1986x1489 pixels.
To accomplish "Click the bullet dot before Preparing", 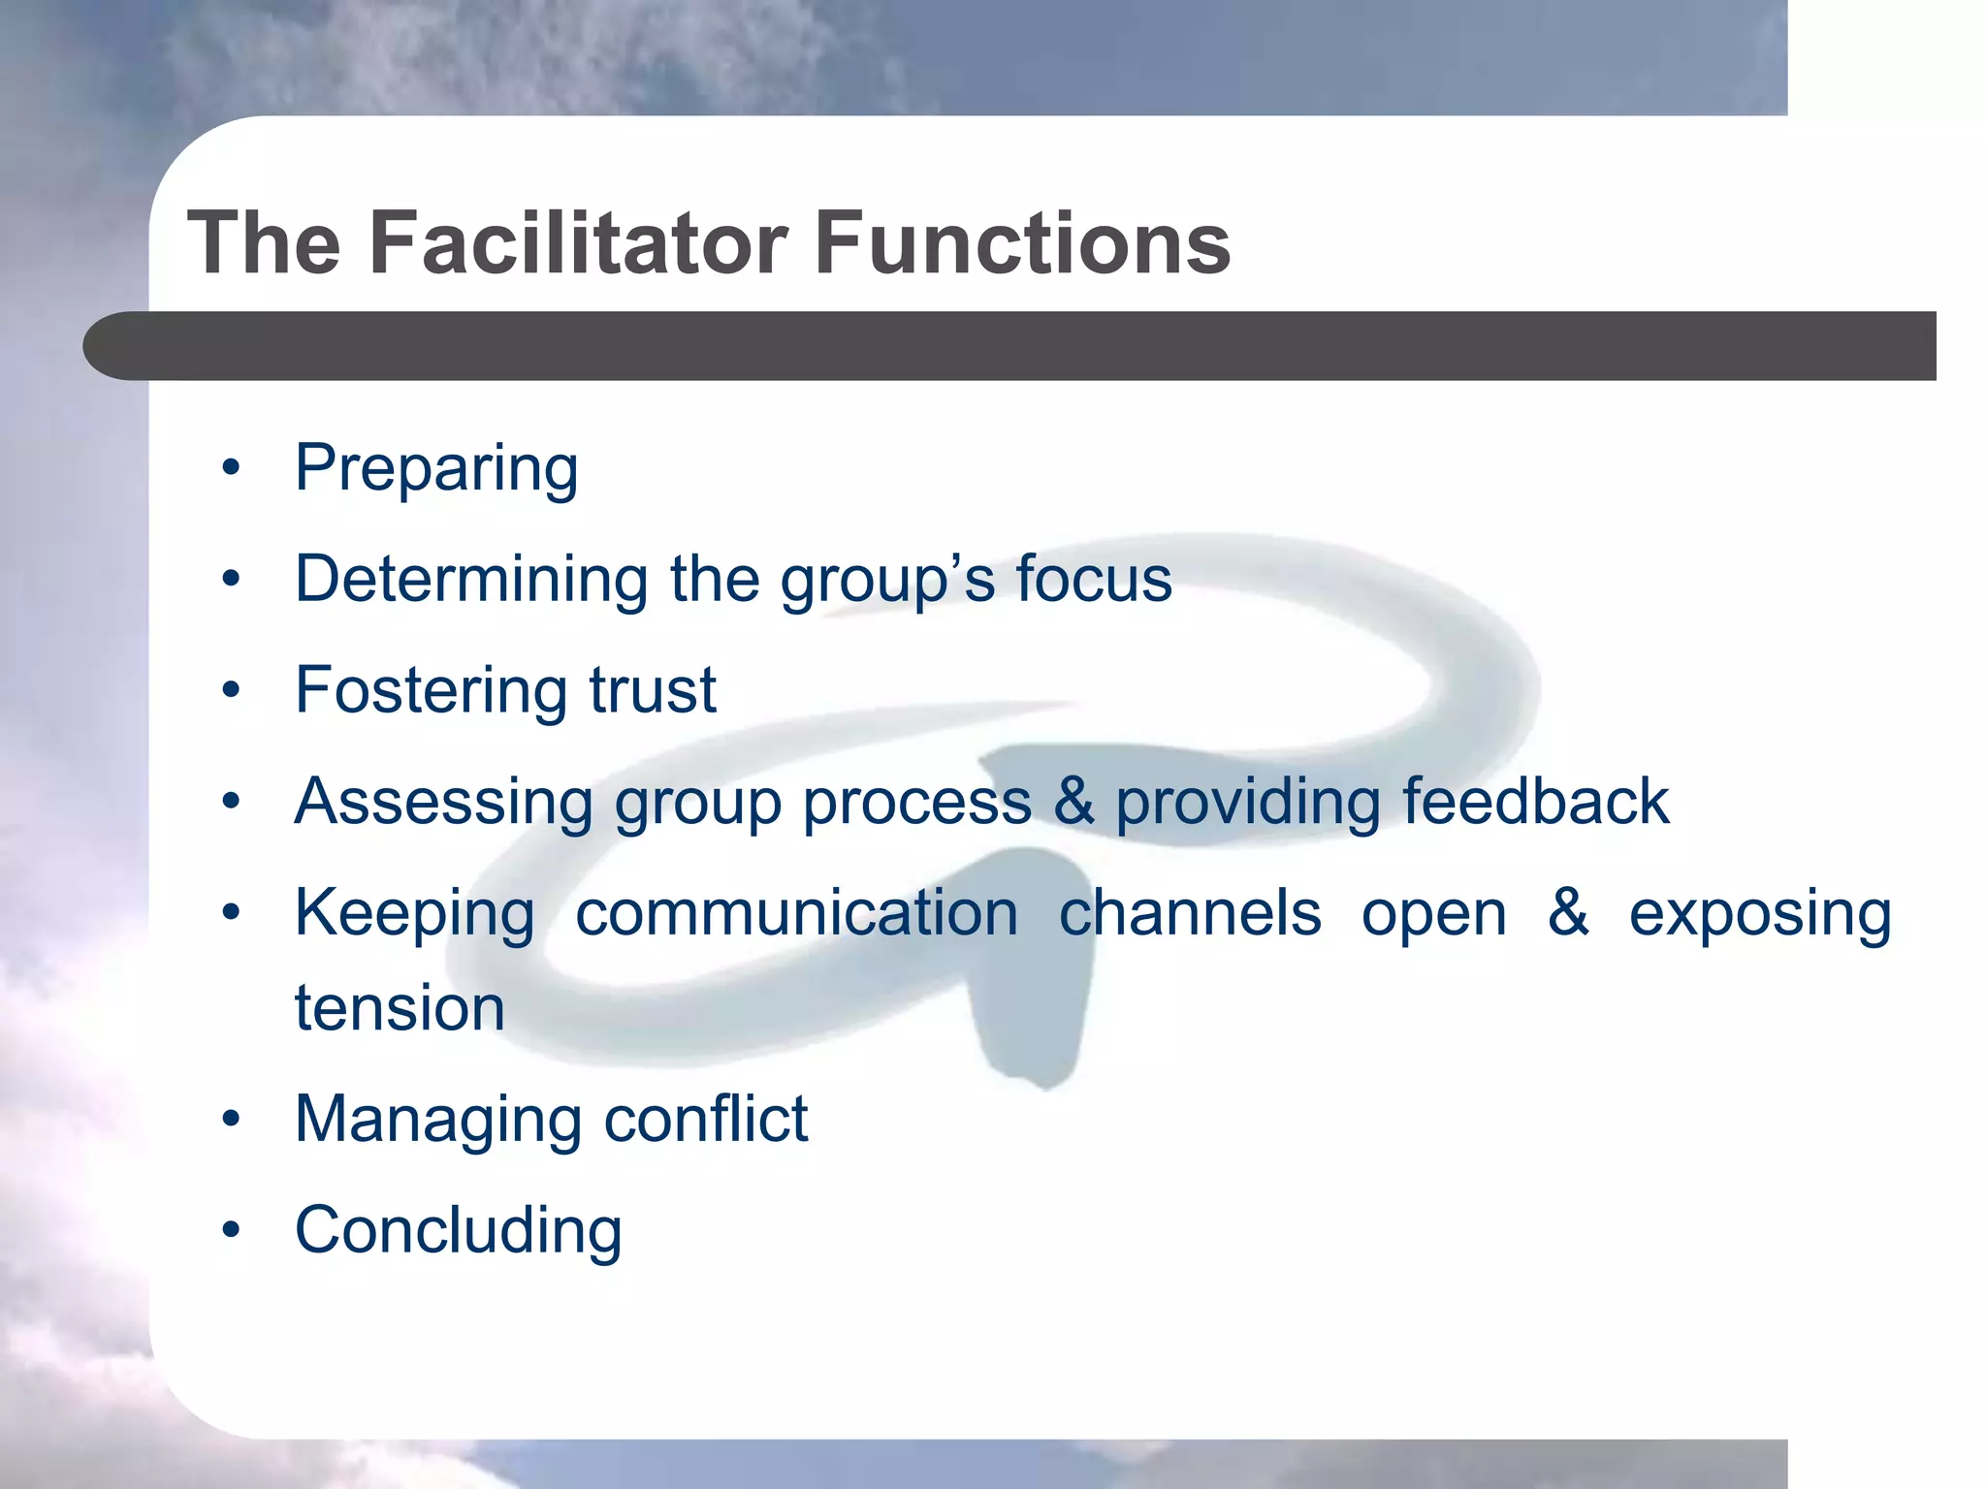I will (231, 469).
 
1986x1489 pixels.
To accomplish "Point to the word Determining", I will (471, 580).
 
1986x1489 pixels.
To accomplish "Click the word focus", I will (1094, 580).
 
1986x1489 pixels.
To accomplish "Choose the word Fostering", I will (432, 690).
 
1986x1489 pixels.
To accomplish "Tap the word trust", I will (653, 690).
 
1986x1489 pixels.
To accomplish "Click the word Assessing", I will (443, 802).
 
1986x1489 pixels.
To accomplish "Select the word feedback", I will (1536, 802).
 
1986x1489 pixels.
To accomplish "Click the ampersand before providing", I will (1073, 802).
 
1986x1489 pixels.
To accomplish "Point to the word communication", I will (796, 913).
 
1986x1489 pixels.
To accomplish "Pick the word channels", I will (1190, 913).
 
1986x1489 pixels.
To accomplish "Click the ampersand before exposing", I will (1568, 913).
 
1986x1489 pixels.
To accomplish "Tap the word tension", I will (400, 1008).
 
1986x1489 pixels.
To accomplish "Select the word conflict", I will (706, 1120).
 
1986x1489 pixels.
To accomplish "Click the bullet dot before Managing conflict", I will (231, 1121).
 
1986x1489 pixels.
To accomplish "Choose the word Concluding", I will (458, 1231).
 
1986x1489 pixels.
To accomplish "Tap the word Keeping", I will (414, 915).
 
